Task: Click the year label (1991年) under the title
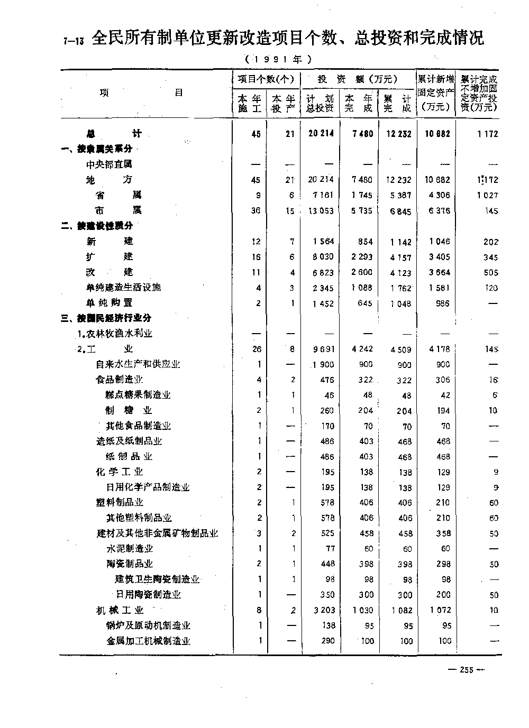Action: tap(278, 59)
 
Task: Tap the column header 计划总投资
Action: tap(320, 104)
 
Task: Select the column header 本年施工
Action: tap(250, 104)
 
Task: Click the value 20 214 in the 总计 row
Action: tap(321, 134)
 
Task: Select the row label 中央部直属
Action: tap(109, 164)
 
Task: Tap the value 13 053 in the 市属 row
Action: tap(321, 210)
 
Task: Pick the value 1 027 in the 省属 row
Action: tap(487, 195)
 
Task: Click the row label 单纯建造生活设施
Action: tap(123, 287)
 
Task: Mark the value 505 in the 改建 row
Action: tap(490, 272)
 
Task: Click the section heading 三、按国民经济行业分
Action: tap(106, 318)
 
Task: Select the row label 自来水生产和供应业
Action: tap(138, 364)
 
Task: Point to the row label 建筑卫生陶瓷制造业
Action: tap(157, 579)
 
